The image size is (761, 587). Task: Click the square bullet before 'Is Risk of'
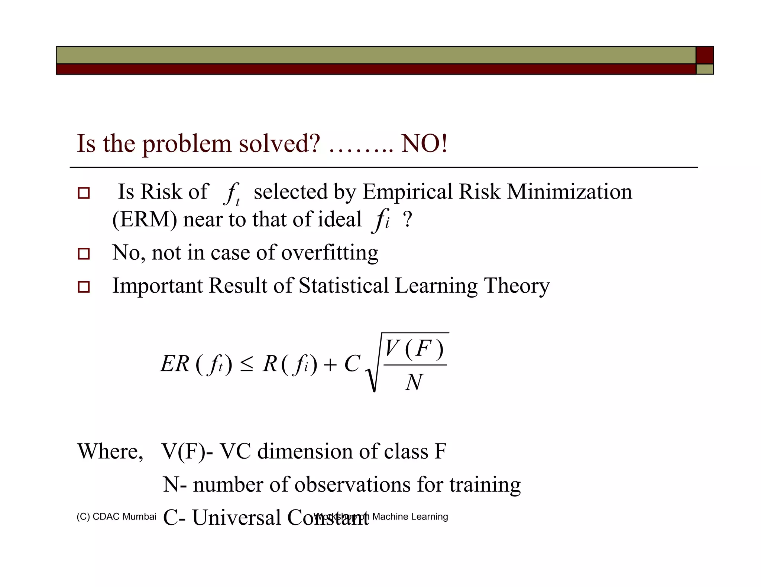pyautogui.click(x=84, y=193)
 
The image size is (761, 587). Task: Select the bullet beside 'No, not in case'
pyautogui.click(x=84, y=254)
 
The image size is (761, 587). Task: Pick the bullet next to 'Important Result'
pyautogui.click(x=84, y=287)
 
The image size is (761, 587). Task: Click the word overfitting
pyautogui.click(x=330, y=253)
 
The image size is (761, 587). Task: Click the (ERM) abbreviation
pyautogui.click(x=145, y=219)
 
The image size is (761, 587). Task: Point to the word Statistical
pyautogui.click(x=343, y=286)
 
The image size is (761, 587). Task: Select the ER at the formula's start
pyautogui.click(x=175, y=364)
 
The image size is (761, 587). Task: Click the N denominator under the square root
pyautogui.click(x=414, y=382)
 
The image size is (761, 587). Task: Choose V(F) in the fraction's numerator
pyautogui.click(x=414, y=349)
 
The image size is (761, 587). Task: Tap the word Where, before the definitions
pyautogui.click(x=110, y=452)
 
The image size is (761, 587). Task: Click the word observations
pyautogui.click(x=352, y=485)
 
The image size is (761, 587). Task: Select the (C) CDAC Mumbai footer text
pyautogui.click(x=116, y=517)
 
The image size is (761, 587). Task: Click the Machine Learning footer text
pyautogui.click(x=410, y=517)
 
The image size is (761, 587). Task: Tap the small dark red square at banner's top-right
pyautogui.click(x=704, y=55)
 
